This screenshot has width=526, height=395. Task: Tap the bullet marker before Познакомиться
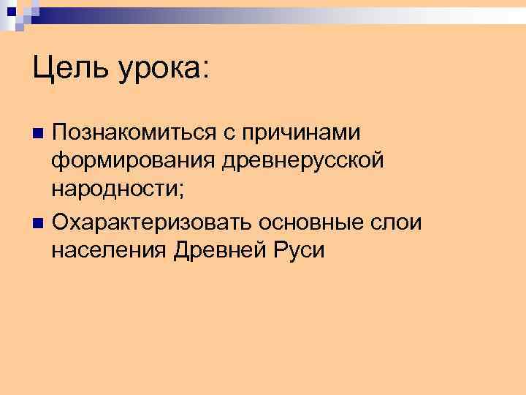click(38, 133)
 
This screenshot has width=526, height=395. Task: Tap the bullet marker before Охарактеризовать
click(38, 222)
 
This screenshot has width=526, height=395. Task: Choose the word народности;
click(118, 190)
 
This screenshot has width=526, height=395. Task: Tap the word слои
click(399, 221)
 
